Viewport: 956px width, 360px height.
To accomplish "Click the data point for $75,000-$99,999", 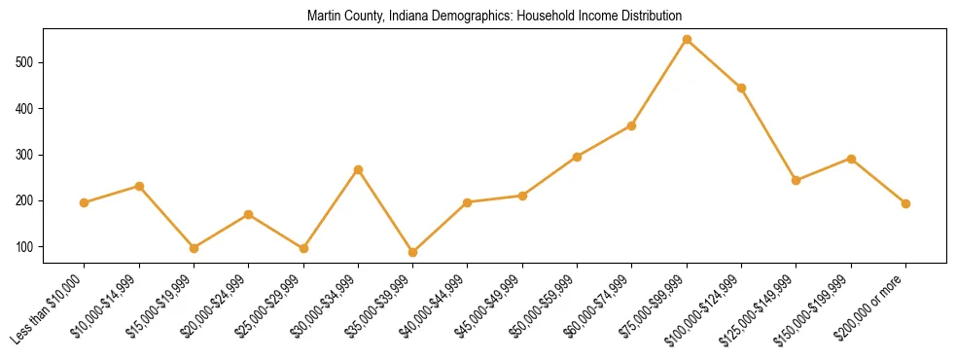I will coord(687,40).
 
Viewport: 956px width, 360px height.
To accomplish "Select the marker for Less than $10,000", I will coord(85,202).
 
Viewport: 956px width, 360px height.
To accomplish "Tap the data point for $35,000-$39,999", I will coord(412,252).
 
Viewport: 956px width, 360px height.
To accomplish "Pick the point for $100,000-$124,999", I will coord(741,88).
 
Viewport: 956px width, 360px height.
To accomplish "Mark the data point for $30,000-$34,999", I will coord(358,169).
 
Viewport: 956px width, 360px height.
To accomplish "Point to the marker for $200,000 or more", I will coord(905,203).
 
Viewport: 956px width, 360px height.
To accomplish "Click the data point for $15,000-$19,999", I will coord(194,248).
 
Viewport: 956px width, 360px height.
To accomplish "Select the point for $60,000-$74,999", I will coord(632,126).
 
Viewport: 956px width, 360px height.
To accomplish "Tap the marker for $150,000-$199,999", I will coord(851,159).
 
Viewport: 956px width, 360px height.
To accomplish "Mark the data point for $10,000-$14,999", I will coord(139,186).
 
